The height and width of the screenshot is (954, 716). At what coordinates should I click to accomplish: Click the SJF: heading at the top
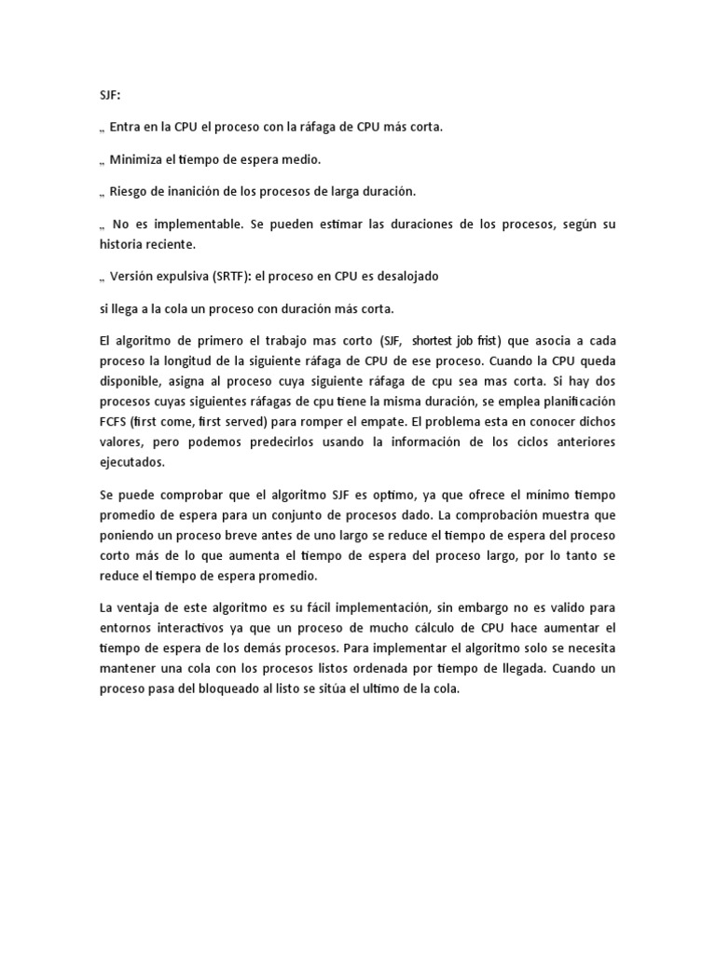click(x=110, y=96)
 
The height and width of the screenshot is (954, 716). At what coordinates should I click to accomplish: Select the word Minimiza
click(x=138, y=159)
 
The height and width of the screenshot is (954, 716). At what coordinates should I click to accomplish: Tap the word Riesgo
click(x=131, y=192)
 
